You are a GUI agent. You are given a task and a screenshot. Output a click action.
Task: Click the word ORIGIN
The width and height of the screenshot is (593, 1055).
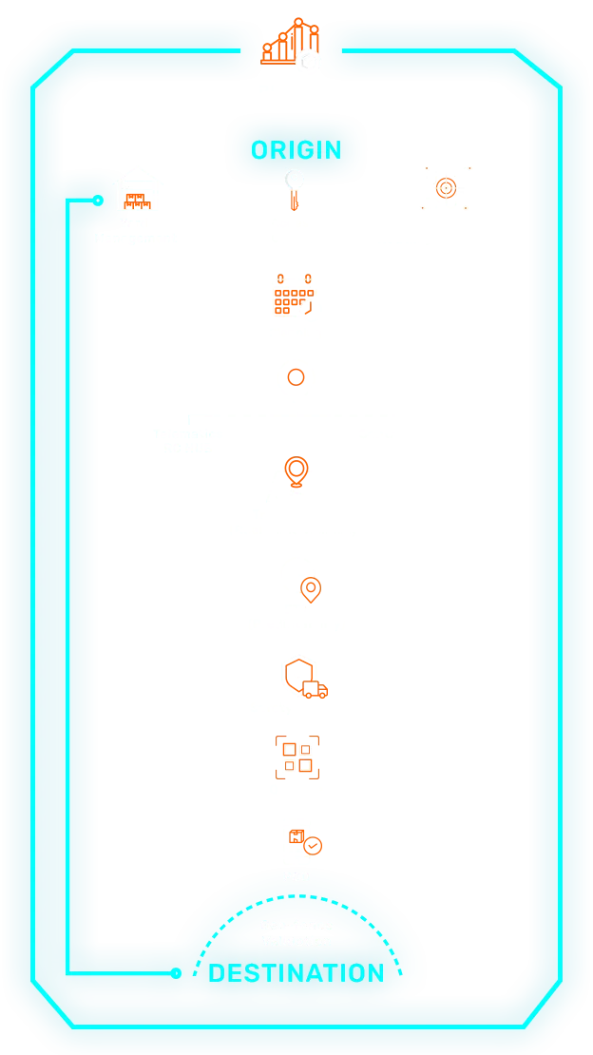(296, 150)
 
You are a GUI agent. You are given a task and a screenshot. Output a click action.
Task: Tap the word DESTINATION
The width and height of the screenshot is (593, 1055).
(296, 973)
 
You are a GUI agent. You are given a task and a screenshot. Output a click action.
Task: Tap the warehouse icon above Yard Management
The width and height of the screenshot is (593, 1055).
(138, 190)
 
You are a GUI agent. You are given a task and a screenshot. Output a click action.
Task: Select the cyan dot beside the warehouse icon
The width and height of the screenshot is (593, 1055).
(98, 201)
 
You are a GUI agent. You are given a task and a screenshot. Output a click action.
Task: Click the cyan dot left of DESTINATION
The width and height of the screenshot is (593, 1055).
(176, 973)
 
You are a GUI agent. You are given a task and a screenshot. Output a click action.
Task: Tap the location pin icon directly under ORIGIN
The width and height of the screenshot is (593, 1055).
(296, 184)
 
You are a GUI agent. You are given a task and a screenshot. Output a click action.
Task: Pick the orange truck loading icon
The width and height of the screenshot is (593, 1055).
(293, 297)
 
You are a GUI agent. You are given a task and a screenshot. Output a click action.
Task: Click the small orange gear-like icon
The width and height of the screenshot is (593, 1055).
(296, 377)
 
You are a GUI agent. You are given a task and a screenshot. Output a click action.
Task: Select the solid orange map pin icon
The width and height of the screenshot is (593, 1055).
(296, 471)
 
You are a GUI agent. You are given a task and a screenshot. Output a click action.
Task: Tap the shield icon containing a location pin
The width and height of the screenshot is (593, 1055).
(310, 589)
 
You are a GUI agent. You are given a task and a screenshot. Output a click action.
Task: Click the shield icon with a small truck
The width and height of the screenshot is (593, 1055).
(304, 678)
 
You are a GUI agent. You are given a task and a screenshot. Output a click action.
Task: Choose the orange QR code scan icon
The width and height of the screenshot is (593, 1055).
(296, 757)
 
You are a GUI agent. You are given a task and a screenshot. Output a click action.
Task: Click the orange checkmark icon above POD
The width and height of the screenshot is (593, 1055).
(307, 842)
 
